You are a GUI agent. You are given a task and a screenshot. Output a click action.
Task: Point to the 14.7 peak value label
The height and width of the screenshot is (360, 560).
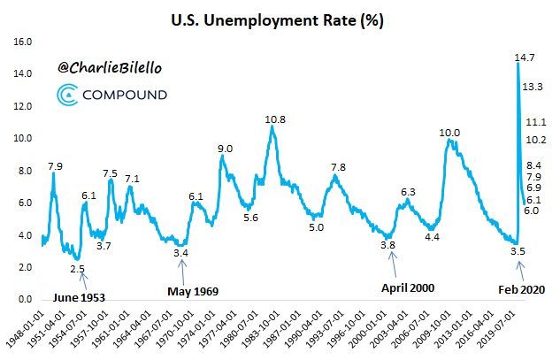click(x=525, y=57)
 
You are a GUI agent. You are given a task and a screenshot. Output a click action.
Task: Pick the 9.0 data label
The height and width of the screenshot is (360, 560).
click(x=226, y=149)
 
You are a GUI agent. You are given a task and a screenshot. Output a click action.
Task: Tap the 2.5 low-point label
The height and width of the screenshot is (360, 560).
click(x=78, y=269)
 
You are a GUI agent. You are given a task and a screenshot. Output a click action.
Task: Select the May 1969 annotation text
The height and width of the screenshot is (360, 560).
click(x=193, y=290)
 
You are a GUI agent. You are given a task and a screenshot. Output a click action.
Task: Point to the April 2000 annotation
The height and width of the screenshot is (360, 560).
click(x=409, y=287)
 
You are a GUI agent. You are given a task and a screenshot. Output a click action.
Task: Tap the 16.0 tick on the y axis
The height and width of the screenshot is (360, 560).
click(x=23, y=42)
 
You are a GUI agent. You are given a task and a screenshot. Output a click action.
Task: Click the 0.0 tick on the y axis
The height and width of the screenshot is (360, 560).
click(x=23, y=300)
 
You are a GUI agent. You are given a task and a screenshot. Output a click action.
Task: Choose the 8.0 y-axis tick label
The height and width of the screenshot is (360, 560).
click(x=23, y=171)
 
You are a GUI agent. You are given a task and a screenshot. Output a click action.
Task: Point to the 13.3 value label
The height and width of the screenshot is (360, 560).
click(x=533, y=87)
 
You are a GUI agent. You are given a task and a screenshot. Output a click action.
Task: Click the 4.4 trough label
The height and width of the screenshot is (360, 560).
click(x=432, y=236)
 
